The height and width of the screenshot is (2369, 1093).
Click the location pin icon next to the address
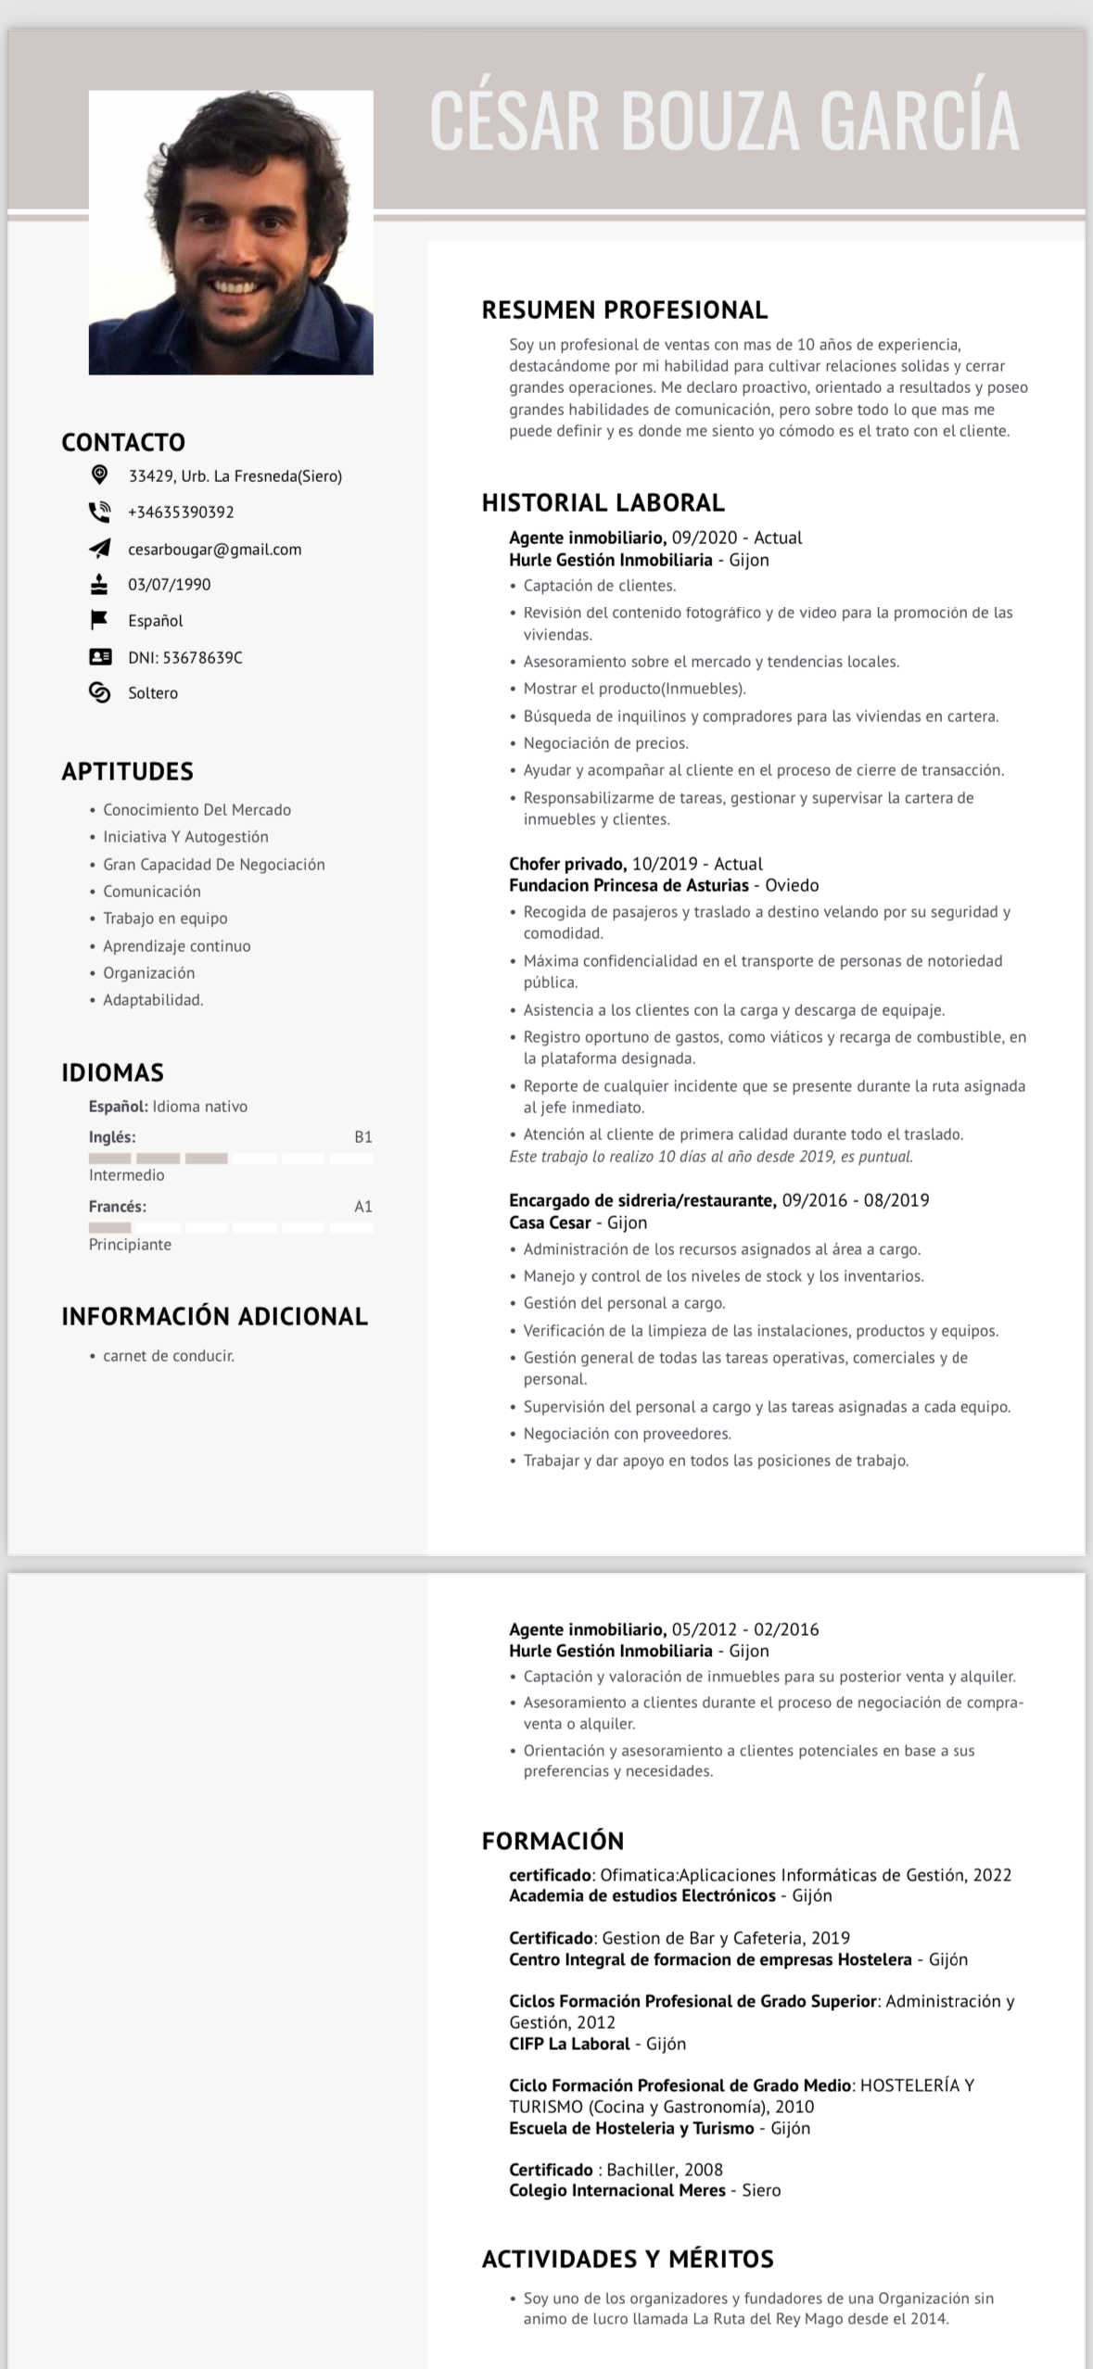coord(99,475)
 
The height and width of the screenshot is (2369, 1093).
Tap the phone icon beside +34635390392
coord(99,512)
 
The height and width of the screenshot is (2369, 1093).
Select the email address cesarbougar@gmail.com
coord(214,550)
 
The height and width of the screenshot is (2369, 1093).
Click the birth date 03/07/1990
coord(169,585)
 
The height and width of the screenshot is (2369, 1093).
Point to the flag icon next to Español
coord(99,620)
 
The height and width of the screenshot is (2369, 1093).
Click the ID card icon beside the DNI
coord(99,657)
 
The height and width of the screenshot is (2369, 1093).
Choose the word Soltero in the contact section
coord(153,693)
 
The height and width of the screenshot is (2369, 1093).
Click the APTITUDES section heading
coord(127,771)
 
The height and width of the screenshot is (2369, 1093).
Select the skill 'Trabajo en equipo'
coord(165,918)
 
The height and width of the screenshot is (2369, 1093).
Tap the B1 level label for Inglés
coord(362,1137)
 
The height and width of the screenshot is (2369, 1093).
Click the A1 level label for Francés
coord(362,1207)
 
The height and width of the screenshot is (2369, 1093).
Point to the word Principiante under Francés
coord(130,1245)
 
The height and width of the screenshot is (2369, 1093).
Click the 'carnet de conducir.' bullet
coord(169,1356)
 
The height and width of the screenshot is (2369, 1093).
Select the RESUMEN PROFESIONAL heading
coord(624,310)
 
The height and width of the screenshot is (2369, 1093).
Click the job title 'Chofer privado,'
coord(567,864)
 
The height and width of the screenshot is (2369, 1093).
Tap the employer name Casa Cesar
coord(550,1223)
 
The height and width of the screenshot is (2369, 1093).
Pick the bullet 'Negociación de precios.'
coord(605,743)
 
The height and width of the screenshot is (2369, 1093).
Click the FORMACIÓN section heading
coord(553,1841)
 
